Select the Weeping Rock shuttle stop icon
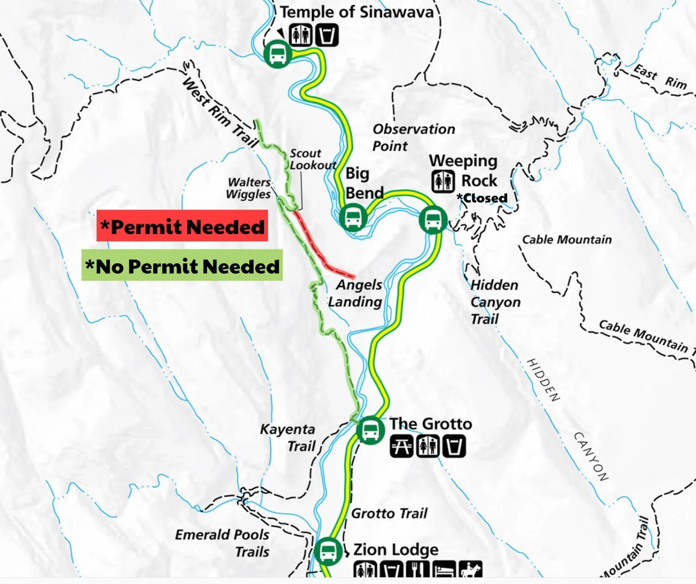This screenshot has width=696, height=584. (433, 220)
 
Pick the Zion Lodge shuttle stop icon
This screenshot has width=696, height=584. (328, 551)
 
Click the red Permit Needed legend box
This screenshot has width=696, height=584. (182, 226)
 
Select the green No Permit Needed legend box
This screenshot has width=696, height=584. (182, 266)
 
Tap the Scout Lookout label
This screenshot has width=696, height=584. (312, 159)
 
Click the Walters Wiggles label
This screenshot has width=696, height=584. (249, 188)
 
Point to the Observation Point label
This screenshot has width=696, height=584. (413, 137)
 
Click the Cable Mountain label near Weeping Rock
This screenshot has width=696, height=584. (566, 239)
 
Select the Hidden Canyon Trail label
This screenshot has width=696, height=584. (495, 302)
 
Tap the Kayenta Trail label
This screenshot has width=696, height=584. (288, 438)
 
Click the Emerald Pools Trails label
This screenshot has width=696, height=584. (223, 543)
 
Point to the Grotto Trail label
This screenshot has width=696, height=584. (389, 513)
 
